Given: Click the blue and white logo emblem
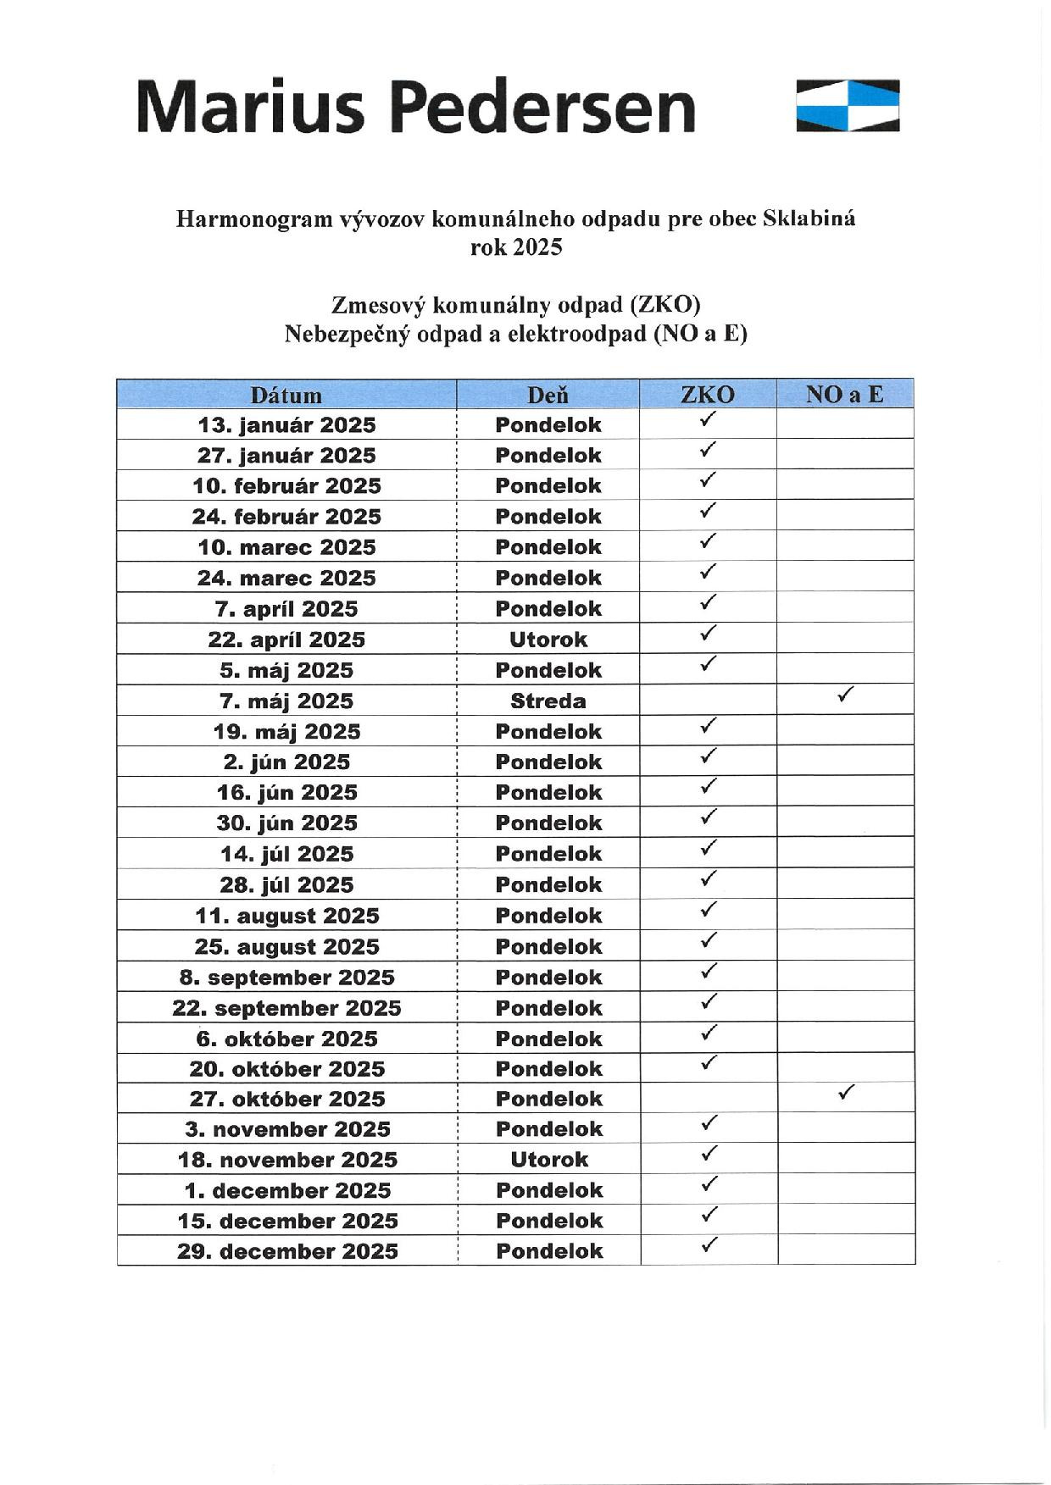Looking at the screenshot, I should click(848, 106).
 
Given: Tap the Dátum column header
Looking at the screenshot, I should click(286, 395).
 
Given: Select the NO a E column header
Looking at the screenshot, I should click(844, 394).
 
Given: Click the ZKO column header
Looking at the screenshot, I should click(708, 395).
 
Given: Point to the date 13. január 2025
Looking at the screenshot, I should click(286, 425).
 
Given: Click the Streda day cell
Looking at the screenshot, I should click(548, 701).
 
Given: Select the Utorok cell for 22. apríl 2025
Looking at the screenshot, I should click(548, 640).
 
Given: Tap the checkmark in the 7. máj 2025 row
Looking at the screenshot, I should click(844, 695).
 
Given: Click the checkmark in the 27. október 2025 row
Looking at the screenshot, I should click(845, 1093).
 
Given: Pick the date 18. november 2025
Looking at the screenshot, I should click(287, 1160).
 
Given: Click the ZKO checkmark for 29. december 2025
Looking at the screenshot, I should click(709, 1245).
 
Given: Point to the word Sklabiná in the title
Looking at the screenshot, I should click(809, 219).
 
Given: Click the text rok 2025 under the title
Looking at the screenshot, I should click(516, 247).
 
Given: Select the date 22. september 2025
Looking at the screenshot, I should click(286, 1008).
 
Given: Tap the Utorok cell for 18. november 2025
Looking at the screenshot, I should click(549, 1160).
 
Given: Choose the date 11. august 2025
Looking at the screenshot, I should click(286, 916).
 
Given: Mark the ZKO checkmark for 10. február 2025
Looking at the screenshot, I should click(708, 480).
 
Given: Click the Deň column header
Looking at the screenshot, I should click(548, 395).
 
